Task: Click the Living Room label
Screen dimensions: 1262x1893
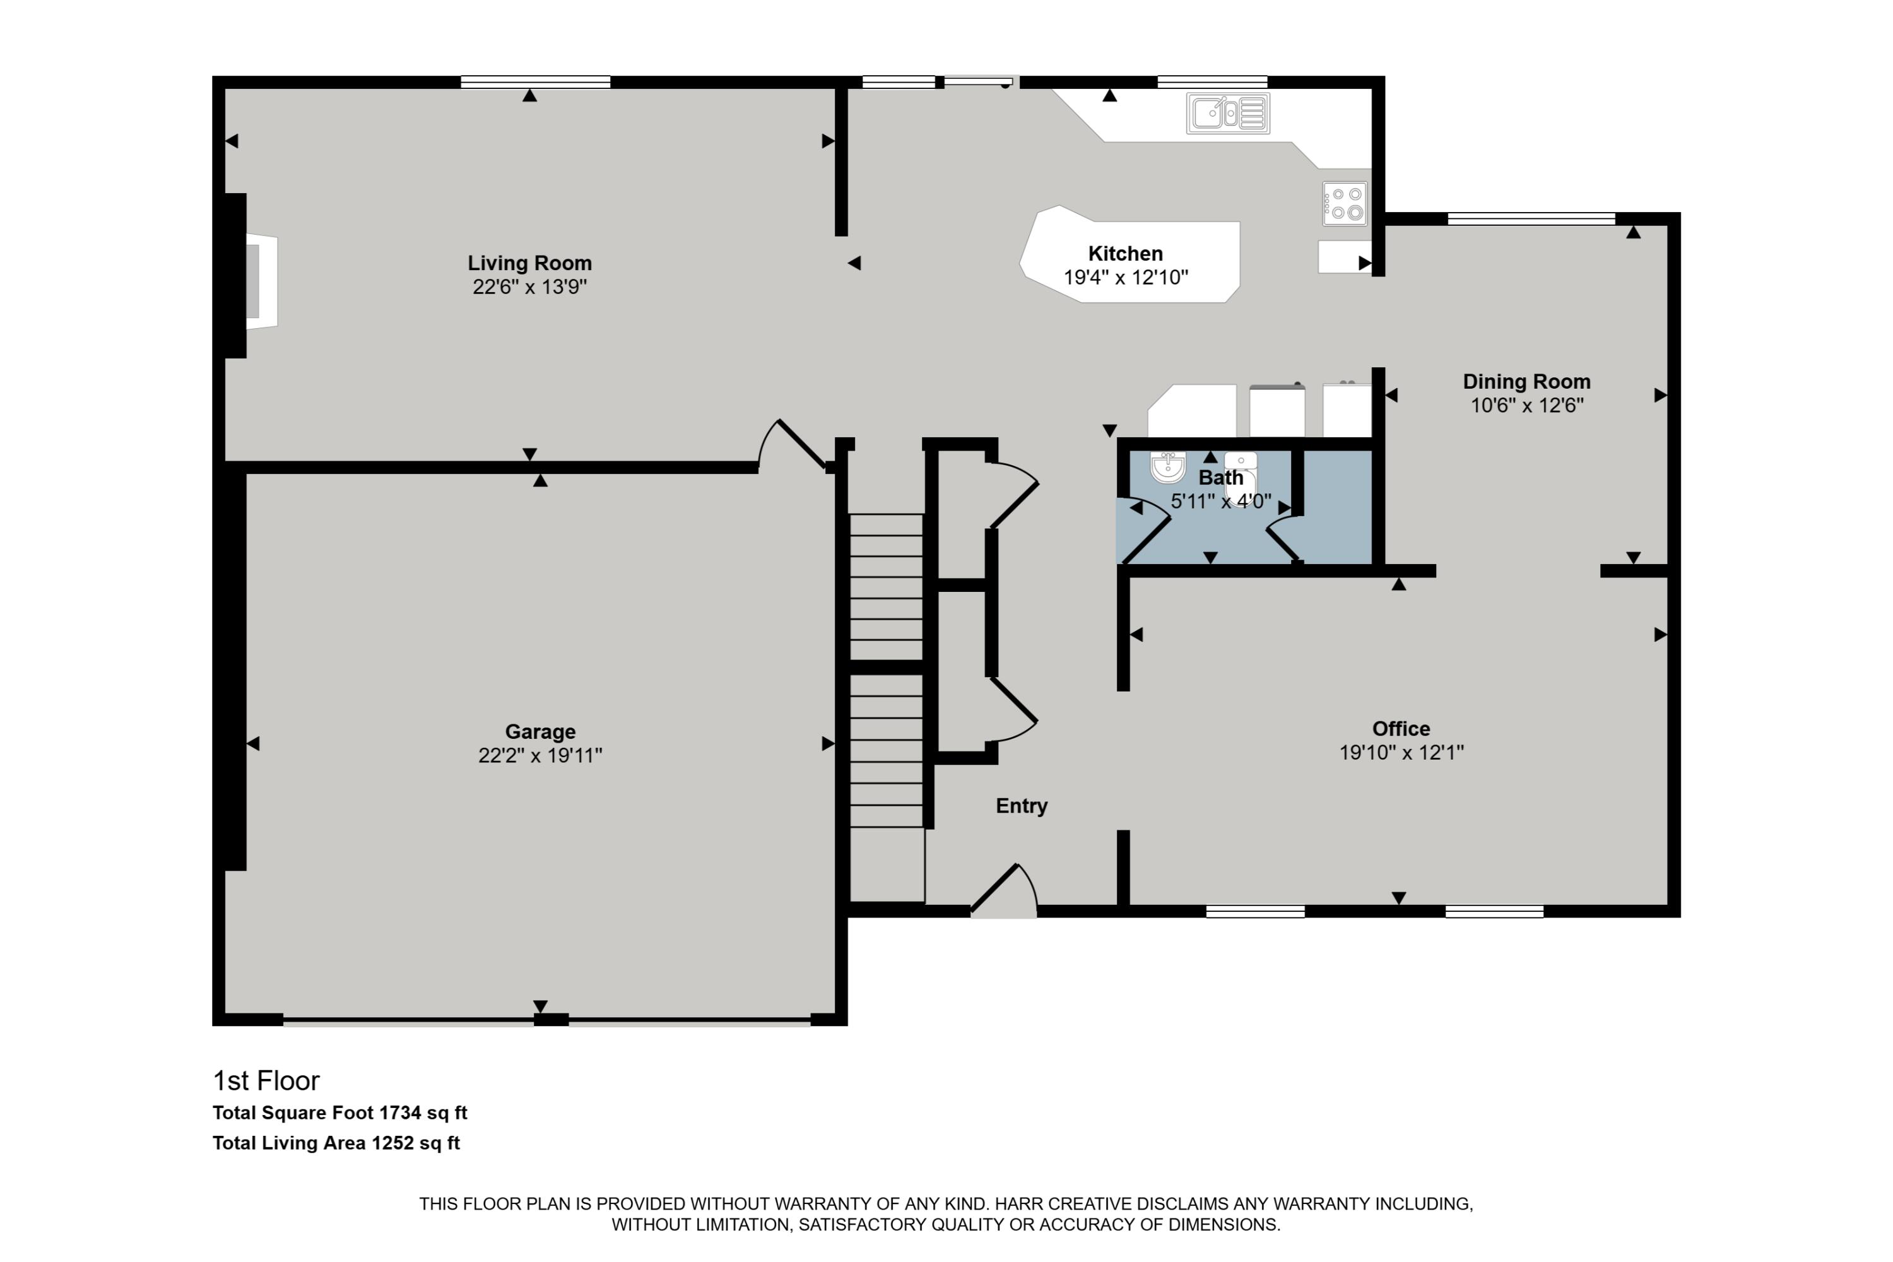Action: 529,263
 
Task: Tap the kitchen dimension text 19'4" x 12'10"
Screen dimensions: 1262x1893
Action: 1125,278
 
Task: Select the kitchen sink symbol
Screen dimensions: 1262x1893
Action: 1227,114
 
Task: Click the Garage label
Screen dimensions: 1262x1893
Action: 540,731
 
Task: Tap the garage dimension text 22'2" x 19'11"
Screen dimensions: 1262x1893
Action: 540,755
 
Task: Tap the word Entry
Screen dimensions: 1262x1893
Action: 1022,806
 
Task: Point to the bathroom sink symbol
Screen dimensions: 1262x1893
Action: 1167,467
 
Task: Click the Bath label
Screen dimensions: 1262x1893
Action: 1221,477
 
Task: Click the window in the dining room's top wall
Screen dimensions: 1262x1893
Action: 1531,218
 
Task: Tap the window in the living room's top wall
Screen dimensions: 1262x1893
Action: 535,81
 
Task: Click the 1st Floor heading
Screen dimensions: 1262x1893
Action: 266,1080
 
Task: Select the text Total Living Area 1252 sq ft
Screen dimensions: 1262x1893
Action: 336,1143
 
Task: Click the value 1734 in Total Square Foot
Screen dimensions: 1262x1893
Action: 400,1113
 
